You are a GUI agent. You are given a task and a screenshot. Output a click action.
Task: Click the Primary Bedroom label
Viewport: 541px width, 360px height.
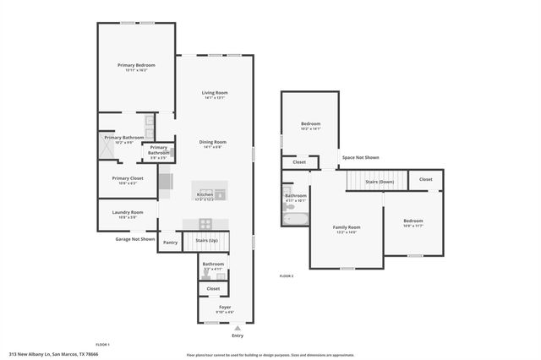136,65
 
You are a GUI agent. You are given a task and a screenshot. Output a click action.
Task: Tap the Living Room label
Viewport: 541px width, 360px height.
215,93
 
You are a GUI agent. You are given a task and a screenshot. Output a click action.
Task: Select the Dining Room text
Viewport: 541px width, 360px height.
212,142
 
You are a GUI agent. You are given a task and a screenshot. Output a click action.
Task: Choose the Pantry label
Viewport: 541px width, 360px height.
171,243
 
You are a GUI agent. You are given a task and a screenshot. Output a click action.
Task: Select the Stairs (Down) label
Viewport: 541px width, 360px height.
379,182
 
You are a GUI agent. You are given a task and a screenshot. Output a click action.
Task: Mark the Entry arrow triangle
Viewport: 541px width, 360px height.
238,327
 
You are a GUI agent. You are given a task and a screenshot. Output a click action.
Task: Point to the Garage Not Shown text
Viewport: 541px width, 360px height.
135,239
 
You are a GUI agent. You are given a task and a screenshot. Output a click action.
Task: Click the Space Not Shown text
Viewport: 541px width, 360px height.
360,157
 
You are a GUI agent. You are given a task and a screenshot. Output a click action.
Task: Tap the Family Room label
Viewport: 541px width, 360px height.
347,226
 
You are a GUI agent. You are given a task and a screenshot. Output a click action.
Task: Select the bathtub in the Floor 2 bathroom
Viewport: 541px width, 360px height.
297,219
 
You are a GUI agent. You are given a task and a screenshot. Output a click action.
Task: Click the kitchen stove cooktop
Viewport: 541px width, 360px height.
205,222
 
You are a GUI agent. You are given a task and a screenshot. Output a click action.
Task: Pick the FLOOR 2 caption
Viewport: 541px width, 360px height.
287,276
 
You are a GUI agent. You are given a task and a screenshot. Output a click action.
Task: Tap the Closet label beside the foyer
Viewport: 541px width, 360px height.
213,289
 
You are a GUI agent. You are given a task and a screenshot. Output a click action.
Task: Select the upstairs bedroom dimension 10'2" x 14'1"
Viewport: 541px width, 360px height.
311,129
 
